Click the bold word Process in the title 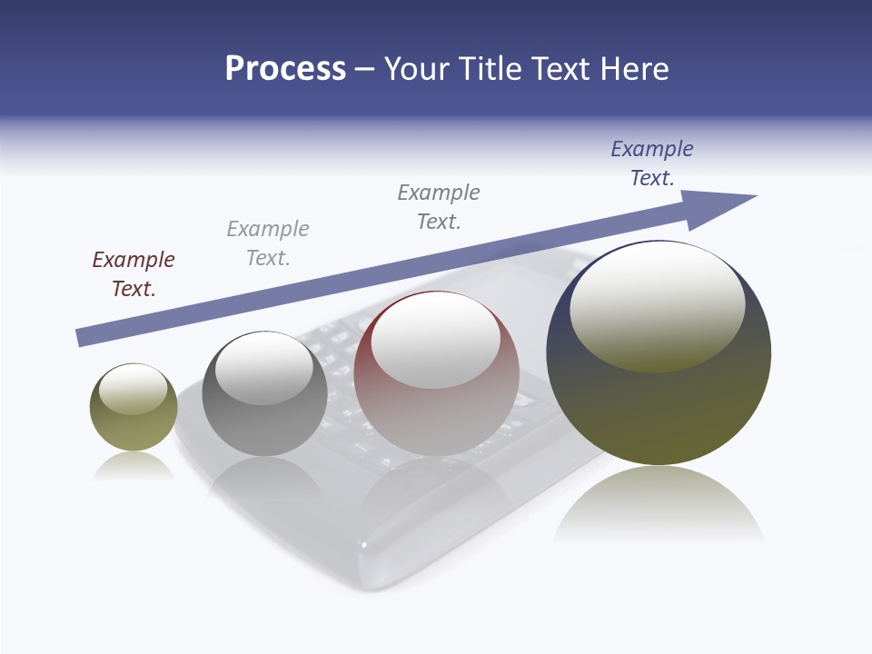point(285,69)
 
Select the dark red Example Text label point(134,273)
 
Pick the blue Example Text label point(652,163)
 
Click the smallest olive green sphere point(134,427)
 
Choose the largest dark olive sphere point(659,409)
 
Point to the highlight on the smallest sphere point(133,390)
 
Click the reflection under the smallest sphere point(134,467)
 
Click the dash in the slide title point(365,69)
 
